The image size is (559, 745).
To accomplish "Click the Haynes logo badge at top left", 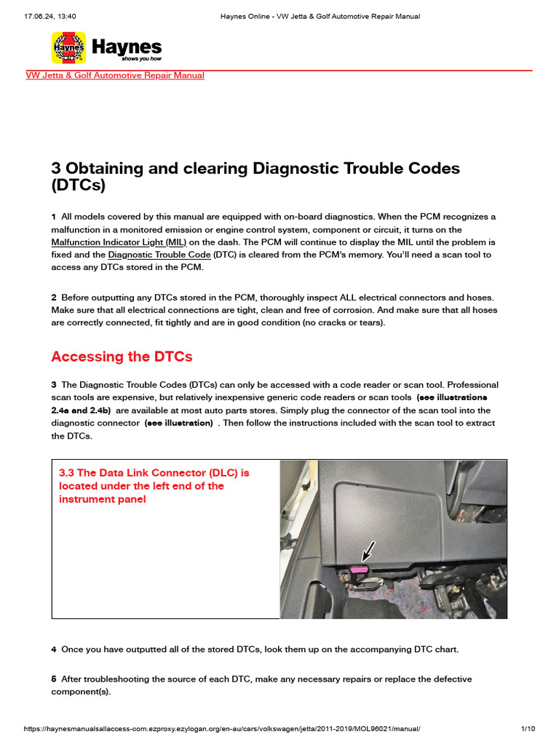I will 68,48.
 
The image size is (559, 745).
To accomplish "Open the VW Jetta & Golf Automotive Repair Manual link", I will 115,76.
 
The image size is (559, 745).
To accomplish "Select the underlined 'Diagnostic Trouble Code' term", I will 159,255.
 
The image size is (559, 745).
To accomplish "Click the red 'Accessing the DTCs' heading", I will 122,356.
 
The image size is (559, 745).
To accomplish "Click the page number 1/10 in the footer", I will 528,729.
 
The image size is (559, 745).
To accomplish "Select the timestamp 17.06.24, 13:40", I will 50,16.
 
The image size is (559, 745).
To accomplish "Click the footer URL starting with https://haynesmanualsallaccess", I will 222,729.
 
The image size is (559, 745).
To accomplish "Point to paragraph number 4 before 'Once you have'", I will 54,649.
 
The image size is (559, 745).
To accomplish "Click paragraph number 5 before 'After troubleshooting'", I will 54,679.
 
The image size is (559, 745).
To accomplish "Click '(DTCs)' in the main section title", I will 78,186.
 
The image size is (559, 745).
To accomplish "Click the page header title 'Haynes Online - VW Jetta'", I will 320,16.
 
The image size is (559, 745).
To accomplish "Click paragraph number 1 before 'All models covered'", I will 54,218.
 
